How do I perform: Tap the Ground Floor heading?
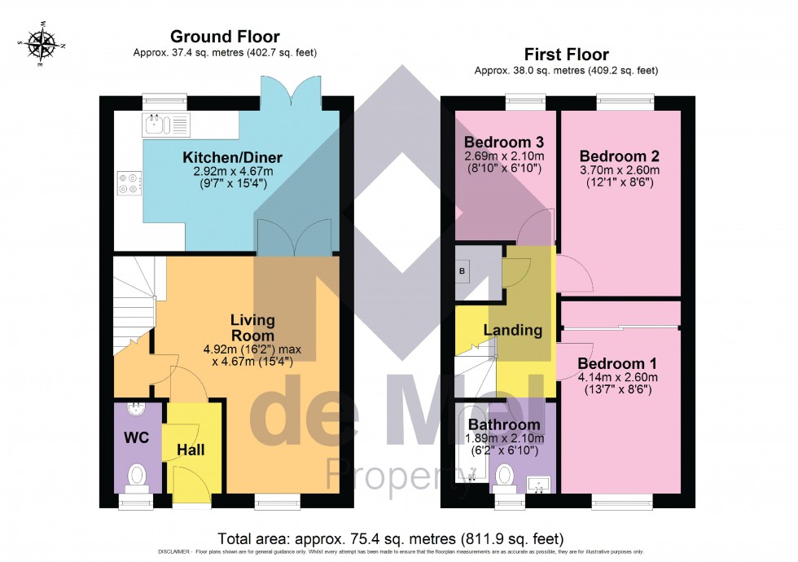coord(224,37)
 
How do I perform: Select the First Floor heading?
coord(566,55)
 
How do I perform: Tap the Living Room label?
coord(252,327)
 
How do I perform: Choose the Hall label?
coord(191,450)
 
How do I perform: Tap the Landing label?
coord(512,330)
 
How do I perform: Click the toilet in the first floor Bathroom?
coord(505,475)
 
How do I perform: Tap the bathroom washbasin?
coord(536,485)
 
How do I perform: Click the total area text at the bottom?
coord(390,538)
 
